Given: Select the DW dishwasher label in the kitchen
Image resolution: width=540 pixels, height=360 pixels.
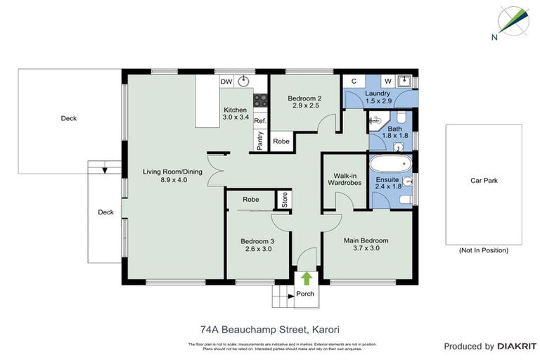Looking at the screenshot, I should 226,82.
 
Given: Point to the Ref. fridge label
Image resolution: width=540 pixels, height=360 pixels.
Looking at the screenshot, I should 259,121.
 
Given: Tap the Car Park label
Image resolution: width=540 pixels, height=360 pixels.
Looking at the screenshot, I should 484,181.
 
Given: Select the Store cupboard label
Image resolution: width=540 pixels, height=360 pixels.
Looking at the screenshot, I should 285,200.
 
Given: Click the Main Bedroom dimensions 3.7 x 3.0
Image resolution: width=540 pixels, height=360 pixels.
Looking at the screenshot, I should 366,247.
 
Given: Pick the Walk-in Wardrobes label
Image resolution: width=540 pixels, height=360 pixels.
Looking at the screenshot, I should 344,179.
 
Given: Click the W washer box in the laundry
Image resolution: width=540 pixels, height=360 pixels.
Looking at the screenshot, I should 387,82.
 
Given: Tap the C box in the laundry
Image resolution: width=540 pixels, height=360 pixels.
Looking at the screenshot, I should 354,82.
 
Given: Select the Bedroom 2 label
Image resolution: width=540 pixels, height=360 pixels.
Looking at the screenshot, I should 306,98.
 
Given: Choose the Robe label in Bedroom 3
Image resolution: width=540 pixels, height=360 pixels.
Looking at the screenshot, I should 250,200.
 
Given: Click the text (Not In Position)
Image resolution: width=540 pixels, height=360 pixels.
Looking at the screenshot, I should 483,250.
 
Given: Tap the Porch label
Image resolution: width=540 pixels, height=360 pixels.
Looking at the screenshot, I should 305,294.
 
